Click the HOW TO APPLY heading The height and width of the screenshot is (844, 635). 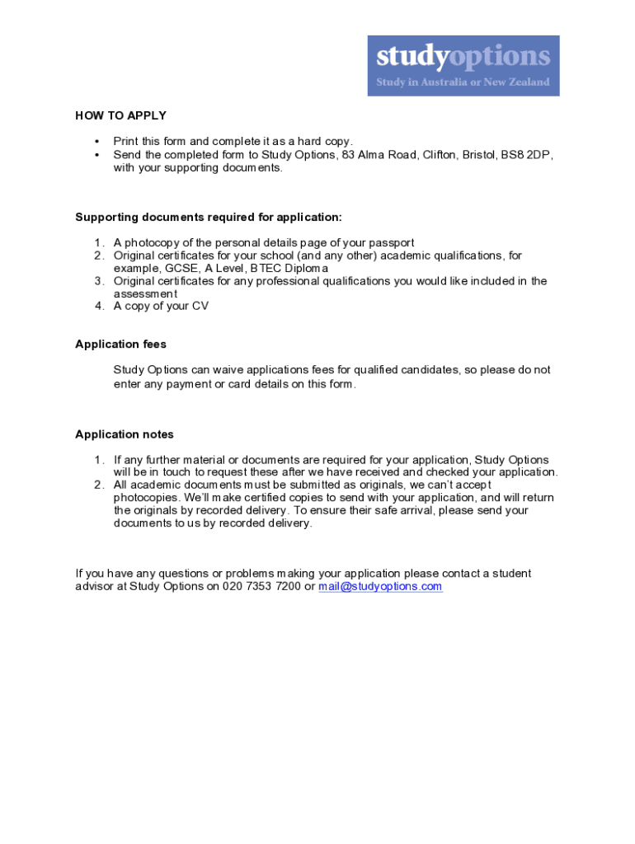120,115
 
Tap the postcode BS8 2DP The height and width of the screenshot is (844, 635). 527,155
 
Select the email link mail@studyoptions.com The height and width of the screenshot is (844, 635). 380,587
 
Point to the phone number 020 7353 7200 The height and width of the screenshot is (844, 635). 261,587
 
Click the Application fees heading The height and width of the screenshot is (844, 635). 120,345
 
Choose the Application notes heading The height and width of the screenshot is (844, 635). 125,434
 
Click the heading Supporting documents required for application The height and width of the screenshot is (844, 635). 208,218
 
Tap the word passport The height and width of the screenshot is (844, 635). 390,243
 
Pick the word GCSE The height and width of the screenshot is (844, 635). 182,269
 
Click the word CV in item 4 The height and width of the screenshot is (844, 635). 200,307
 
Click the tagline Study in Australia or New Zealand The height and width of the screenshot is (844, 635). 463,82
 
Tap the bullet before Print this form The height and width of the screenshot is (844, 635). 96,142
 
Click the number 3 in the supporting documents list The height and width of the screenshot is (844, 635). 97,281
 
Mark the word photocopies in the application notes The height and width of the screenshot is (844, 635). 145,498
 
